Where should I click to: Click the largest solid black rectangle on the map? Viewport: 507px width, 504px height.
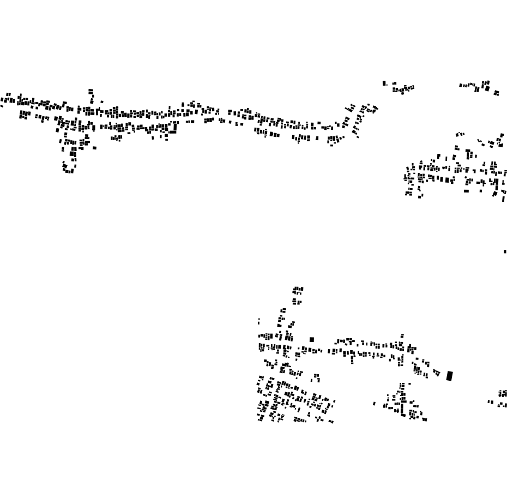(449, 376)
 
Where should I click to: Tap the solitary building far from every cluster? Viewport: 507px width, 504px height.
(505, 251)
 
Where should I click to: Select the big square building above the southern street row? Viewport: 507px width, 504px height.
(312, 339)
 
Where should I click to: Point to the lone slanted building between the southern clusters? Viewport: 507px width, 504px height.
(374, 404)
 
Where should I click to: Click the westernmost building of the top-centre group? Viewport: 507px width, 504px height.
(384, 83)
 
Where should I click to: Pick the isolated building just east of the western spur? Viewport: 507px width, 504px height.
(94, 147)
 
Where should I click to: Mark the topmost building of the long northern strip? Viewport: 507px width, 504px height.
(90, 91)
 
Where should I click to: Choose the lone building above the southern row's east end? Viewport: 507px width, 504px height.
(402, 336)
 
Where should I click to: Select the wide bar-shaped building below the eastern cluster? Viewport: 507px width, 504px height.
(466, 191)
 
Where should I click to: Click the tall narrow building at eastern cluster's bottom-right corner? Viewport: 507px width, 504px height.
(503, 199)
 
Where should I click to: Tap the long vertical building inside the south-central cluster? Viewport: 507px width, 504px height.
(402, 408)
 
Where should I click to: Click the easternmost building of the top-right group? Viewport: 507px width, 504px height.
(496, 94)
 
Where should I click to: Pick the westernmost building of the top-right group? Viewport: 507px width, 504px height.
(461, 85)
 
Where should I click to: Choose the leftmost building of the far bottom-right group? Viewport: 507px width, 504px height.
(489, 402)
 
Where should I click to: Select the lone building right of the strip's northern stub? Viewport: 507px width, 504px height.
(101, 101)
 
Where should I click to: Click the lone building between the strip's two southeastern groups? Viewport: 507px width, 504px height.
(317, 138)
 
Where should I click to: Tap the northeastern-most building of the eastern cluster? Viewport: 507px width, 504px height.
(502, 135)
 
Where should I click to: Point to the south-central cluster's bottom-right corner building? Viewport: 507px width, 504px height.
(425, 419)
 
